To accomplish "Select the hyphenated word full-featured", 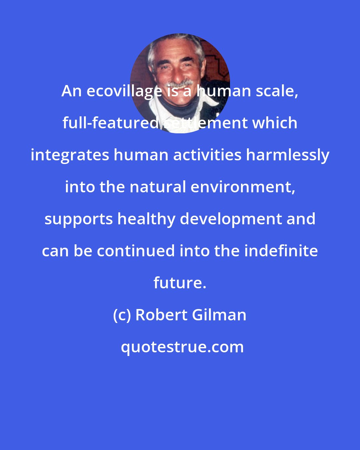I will (110, 123).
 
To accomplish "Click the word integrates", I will (70, 155).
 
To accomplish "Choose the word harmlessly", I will (287, 155).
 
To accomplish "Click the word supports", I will (79, 219).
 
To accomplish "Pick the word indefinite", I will (281, 251).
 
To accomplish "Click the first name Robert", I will (161, 315).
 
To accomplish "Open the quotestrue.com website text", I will (182, 347).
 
